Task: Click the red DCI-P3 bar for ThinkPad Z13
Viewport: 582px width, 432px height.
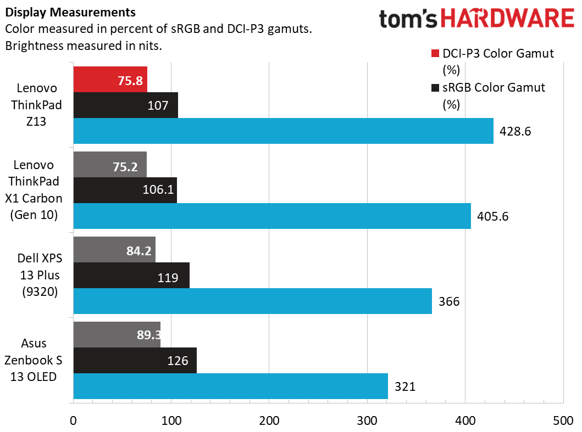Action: (110, 80)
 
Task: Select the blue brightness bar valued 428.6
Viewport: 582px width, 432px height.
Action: (283, 131)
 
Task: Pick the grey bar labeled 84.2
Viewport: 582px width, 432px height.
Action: (114, 250)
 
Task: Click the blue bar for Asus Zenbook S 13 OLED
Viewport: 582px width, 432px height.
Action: (230, 386)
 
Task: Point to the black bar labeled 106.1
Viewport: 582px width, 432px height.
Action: (125, 190)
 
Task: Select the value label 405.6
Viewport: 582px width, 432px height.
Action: (493, 216)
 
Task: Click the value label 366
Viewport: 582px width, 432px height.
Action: (448, 301)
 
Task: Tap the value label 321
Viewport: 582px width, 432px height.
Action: (404, 386)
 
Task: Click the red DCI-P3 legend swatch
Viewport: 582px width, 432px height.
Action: (435, 54)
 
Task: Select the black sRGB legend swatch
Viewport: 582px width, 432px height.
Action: (435, 88)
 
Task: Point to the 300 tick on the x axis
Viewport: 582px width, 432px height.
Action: (367, 420)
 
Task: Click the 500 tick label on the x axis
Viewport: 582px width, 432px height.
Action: (563, 420)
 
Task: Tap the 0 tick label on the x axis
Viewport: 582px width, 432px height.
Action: (73, 420)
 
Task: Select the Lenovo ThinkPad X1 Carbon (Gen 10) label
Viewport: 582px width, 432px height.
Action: (36, 190)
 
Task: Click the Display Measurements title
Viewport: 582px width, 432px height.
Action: (70, 12)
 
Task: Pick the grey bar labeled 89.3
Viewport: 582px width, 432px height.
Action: (117, 335)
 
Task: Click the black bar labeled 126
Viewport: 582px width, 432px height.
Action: (135, 361)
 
